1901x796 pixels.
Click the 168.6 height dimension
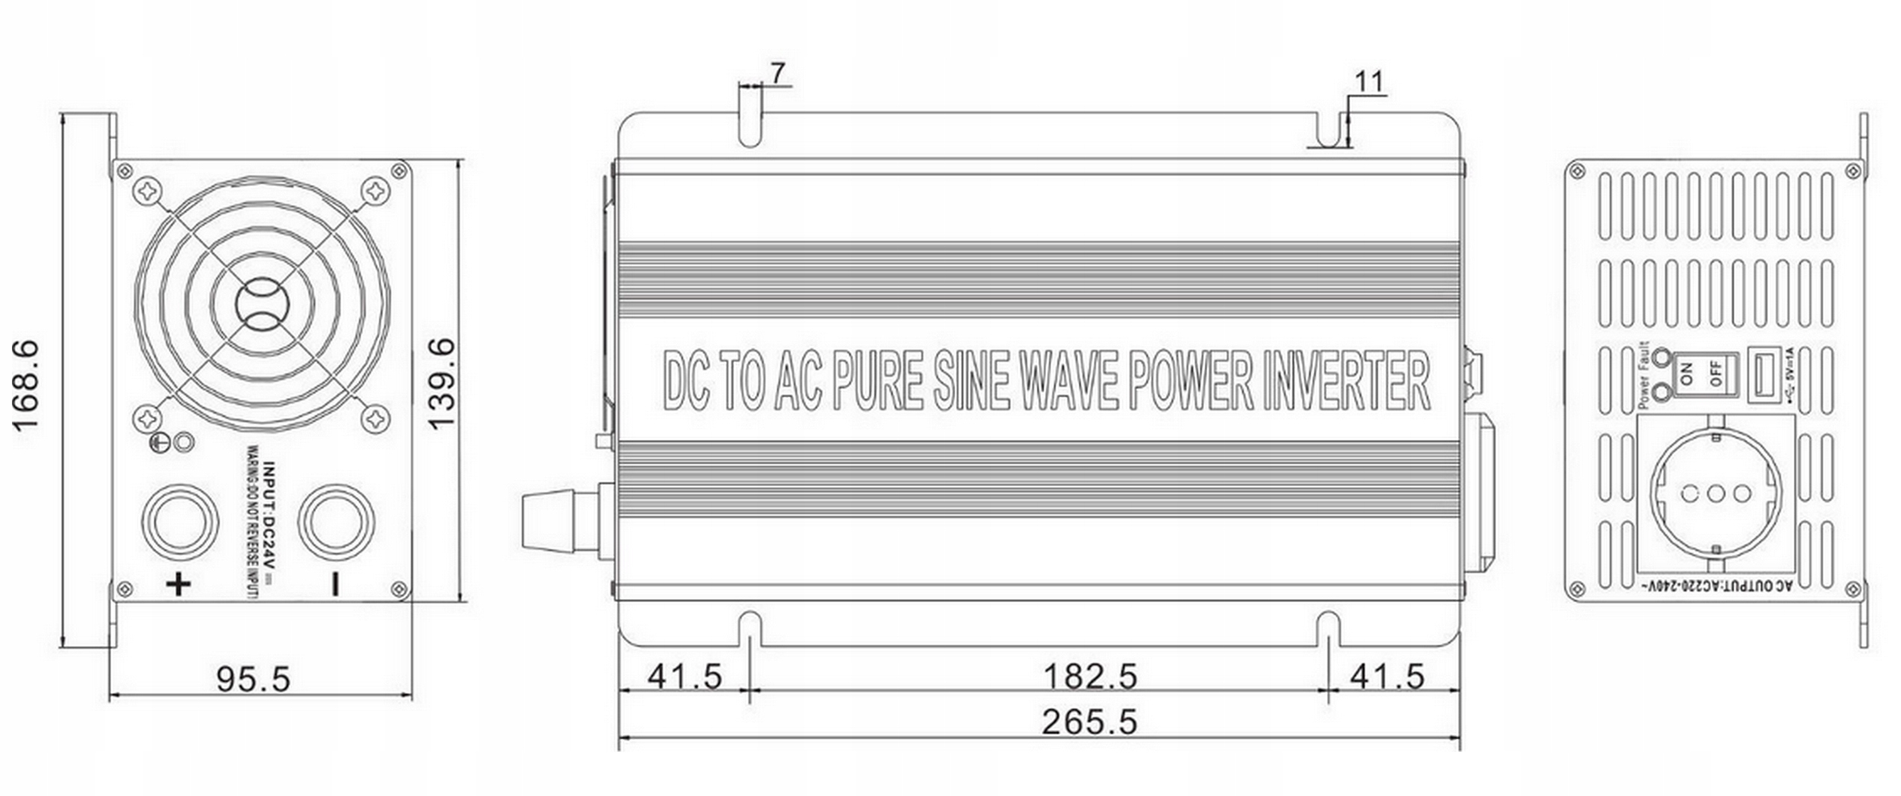tap(27, 385)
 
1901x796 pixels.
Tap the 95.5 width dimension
tap(252, 679)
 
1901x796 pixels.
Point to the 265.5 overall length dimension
tap(1089, 722)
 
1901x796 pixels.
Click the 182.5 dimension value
tap(1089, 677)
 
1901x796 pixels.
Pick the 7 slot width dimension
tap(778, 73)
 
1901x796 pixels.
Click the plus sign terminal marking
tap(179, 584)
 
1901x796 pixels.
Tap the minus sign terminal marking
tap(335, 584)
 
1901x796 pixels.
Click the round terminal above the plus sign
tap(180, 520)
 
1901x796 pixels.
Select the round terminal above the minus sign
tap(335, 520)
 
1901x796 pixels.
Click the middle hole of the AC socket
tap(1715, 494)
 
